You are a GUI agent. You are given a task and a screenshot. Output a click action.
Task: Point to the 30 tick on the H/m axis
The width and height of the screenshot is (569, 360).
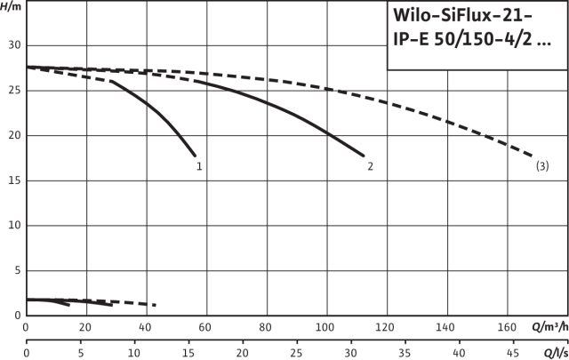tap(13, 45)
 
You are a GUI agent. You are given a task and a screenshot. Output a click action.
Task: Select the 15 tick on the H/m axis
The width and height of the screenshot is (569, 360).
tap(13, 180)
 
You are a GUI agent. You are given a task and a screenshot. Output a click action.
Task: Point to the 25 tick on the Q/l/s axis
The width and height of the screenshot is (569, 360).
tap(296, 352)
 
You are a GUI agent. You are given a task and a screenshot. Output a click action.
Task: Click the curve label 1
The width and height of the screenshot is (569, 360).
tap(200, 166)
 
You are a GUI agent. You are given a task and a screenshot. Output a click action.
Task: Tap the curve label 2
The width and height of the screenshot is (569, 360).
tap(370, 166)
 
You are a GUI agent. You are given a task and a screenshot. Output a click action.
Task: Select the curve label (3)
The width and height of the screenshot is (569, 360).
tap(542, 166)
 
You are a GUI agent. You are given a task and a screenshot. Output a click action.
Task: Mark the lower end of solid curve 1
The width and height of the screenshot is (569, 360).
tap(195, 156)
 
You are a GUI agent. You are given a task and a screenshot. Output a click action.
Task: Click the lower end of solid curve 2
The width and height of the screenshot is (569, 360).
tap(364, 156)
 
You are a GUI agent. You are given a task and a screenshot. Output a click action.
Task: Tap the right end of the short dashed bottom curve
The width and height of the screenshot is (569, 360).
tap(156, 305)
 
